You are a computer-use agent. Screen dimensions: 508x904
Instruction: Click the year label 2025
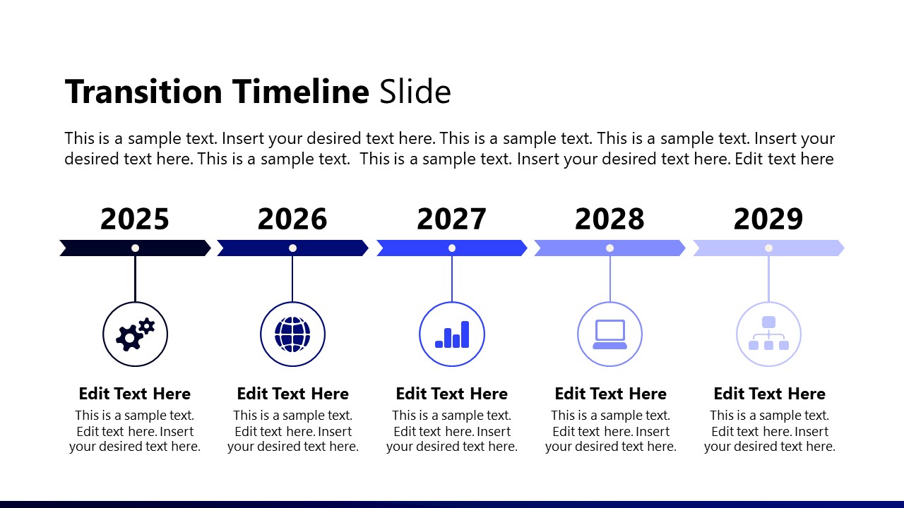click(135, 219)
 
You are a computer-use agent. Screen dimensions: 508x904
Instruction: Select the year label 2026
click(292, 219)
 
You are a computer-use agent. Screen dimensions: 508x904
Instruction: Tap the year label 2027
click(451, 219)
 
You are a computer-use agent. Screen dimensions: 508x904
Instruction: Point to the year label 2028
click(609, 219)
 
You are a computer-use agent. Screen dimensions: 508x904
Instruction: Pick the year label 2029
click(768, 219)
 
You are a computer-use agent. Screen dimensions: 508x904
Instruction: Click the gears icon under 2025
click(135, 334)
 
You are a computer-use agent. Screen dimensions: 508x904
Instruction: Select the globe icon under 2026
click(292, 334)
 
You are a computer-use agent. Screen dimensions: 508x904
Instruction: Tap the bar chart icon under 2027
click(452, 334)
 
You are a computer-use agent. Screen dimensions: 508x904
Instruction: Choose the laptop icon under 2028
click(609, 334)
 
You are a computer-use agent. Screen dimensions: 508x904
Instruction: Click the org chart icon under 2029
click(768, 334)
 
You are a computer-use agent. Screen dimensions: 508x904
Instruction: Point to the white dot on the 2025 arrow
click(135, 248)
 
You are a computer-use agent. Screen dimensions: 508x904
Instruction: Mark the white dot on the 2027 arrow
click(452, 248)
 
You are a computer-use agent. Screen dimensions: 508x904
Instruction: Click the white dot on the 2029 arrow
click(768, 248)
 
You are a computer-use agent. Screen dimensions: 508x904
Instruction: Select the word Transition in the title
click(143, 92)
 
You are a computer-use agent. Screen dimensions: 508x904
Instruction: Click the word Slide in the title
click(415, 92)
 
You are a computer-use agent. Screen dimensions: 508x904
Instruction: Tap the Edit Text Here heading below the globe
click(292, 394)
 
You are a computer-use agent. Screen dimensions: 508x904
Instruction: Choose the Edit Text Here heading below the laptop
click(610, 394)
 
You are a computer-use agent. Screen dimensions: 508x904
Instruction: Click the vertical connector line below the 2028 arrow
click(609, 278)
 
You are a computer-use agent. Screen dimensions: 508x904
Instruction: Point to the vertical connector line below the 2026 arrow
click(292, 278)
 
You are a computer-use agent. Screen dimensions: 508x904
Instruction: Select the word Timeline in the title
click(300, 92)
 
